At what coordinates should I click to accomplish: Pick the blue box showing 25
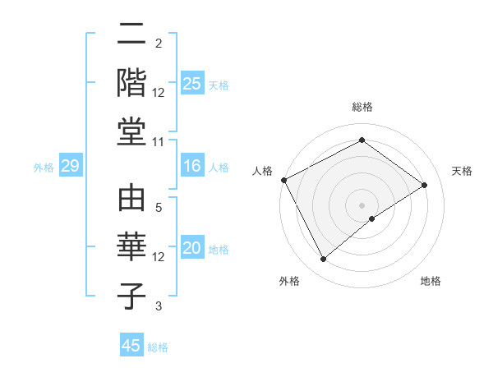[x=192, y=83]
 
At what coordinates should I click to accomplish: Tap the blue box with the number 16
[x=192, y=166]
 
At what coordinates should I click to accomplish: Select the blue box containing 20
[x=192, y=248]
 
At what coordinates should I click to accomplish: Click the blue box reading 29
[x=70, y=166]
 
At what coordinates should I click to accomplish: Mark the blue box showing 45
[x=131, y=345]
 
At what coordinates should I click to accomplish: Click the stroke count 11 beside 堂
[x=159, y=142]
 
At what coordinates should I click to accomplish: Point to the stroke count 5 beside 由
[x=159, y=207]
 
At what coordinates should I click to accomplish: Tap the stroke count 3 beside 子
[x=159, y=306]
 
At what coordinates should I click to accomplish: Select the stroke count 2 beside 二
[x=159, y=43]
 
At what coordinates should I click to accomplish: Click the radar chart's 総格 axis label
[x=362, y=107]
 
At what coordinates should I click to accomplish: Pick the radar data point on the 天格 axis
[x=424, y=185]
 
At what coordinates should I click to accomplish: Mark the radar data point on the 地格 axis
[x=372, y=218]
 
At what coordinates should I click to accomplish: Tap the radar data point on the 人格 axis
[x=283, y=180]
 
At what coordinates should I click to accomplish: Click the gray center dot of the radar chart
[x=362, y=204]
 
